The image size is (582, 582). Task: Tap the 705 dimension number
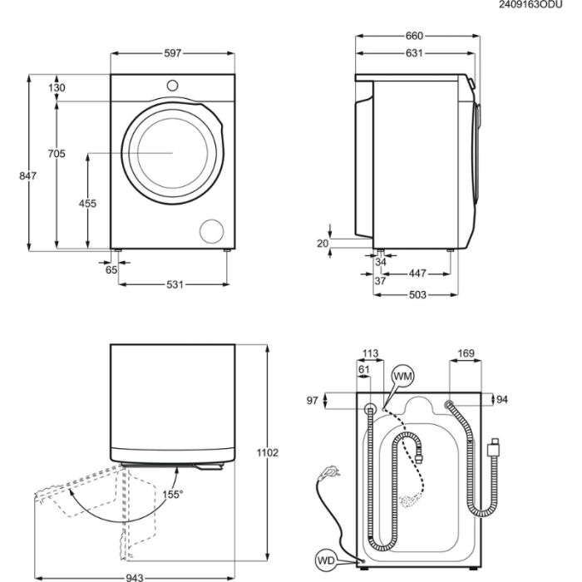[x=57, y=154]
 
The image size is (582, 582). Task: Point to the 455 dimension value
[x=87, y=204]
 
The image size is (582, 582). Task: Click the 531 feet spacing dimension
[x=174, y=285]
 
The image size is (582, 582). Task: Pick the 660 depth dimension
[x=414, y=36]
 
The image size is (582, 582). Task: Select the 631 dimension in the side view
[x=414, y=53]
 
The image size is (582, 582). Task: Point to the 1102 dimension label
[x=267, y=452]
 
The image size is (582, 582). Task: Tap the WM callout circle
[x=403, y=377]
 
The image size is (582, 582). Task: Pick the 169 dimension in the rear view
[x=466, y=354]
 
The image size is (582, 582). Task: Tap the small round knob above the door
[x=173, y=84]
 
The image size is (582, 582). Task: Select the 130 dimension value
[x=57, y=88]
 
